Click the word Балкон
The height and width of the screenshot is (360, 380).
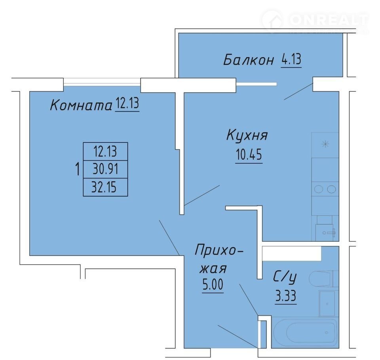[x=249, y=60]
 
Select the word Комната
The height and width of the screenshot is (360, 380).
[x=81, y=105]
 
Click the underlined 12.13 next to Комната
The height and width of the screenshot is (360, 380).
[x=127, y=103]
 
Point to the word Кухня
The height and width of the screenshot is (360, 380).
[x=247, y=135]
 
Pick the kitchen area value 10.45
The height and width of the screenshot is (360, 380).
[x=249, y=154]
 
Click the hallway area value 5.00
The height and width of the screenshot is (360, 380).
[x=213, y=285]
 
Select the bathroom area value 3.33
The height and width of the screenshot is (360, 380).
[x=286, y=296]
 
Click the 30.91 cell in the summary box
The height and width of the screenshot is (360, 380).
[x=105, y=169]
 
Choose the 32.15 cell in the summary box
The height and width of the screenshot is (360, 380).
[x=105, y=187]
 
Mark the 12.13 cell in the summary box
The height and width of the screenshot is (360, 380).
[x=105, y=152]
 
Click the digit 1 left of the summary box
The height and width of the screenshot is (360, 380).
[x=78, y=169]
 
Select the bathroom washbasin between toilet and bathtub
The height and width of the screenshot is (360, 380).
[x=327, y=303]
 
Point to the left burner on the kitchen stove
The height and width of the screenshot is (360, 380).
[x=318, y=189]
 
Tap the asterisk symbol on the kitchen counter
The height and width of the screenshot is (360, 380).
[x=325, y=145]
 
